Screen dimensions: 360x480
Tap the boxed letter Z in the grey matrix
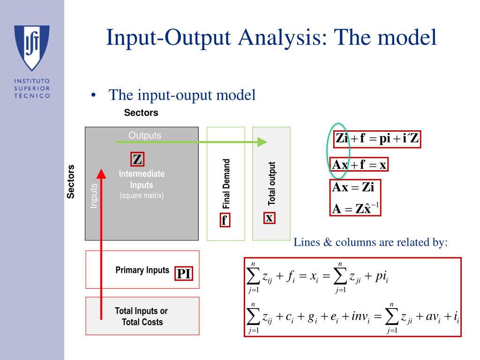[137, 160]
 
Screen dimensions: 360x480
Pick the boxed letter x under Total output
[269, 218]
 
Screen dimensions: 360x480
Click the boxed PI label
[184, 274]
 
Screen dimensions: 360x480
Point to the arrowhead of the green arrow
[262, 142]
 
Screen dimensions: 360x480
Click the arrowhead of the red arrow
[101, 173]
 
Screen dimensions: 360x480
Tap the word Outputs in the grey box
[145, 135]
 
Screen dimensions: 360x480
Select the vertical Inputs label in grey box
[94, 196]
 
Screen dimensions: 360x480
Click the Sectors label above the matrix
[141, 113]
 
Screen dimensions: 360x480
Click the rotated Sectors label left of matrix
[71, 182]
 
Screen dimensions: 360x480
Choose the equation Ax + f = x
[359, 165]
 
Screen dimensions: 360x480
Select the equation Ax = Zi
[353, 187]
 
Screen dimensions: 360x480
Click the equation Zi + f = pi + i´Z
[377, 139]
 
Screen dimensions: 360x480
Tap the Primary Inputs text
[142, 270]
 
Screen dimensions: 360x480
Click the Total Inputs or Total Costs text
[142, 316]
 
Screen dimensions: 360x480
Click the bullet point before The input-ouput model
[94, 96]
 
